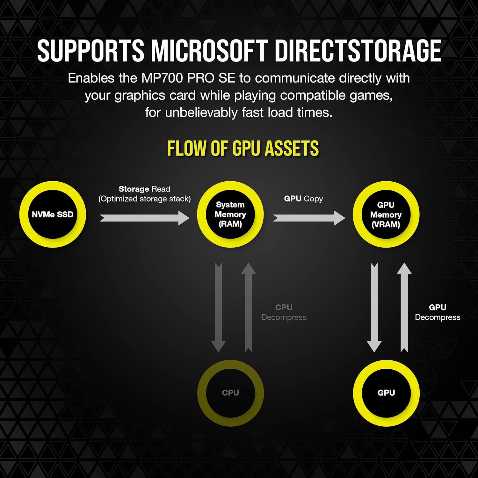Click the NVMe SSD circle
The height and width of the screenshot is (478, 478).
[x=53, y=214]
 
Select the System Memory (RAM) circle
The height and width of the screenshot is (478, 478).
[x=230, y=214]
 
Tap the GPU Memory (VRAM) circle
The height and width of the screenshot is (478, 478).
[x=386, y=214]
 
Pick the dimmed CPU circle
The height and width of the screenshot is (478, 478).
[x=230, y=393]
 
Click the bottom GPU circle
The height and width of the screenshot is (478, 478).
[x=386, y=393]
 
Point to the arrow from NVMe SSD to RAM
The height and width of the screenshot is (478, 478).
[x=145, y=218]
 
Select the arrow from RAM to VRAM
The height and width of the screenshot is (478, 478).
[x=309, y=218]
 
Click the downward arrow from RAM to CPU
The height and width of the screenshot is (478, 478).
[x=219, y=308]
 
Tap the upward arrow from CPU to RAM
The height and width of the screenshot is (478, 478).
[x=249, y=308]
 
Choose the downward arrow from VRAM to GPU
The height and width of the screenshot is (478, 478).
[x=374, y=308]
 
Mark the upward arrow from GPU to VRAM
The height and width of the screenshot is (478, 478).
[x=404, y=308]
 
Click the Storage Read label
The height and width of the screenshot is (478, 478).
[x=144, y=189]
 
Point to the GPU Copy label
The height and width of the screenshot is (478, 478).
[x=303, y=199]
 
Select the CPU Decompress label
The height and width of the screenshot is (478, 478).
[x=284, y=312]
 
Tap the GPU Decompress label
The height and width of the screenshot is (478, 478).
[x=438, y=312]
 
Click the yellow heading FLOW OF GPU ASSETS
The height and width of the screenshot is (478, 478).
[x=243, y=148]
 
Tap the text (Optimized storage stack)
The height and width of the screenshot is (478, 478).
[x=144, y=199]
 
